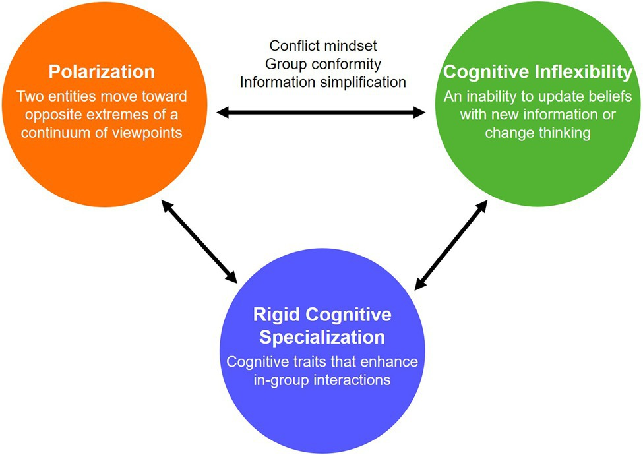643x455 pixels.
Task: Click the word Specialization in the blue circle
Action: click(322, 337)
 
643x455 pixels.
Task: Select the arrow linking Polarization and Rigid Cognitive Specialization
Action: click(198, 242)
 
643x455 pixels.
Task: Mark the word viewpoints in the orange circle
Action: click(151, 131)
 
